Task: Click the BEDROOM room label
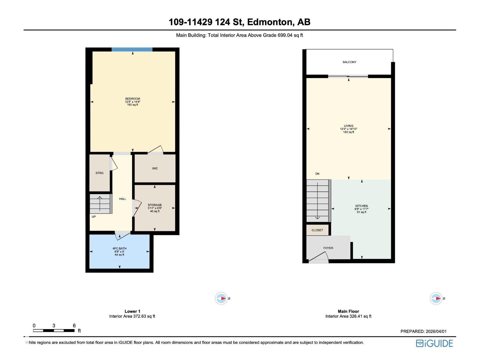click(133, 99)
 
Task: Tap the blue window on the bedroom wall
click(132, 49)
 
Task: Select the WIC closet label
click(155, 168)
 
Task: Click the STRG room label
click(99, 173)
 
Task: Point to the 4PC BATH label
click(119, 248)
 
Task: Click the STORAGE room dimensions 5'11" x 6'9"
click(155, 208)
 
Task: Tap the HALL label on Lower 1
click(122, 199)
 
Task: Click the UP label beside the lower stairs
click(94, 217)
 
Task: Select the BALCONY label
click(349, 62)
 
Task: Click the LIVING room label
click(349, 126)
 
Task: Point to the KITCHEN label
click(361, 206)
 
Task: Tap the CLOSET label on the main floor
click(317, 230)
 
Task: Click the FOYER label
click(328, 248)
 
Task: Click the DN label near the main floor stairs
click(317, 174)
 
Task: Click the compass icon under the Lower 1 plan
click(221, 298)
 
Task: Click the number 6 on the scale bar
click(74, 325)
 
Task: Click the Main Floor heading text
click(348, 311)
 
